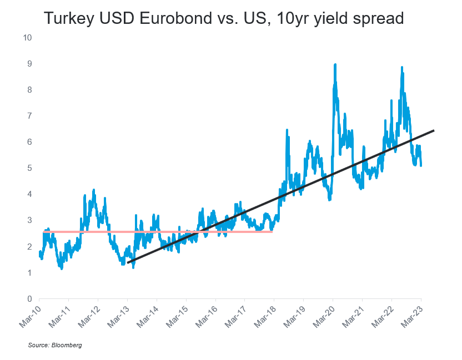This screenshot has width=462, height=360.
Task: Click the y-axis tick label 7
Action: (29, 116)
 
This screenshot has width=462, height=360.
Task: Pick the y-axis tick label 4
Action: (29, 194)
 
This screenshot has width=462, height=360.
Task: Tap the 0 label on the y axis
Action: (29, 298)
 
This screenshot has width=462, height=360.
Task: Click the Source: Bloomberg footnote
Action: (55, 345)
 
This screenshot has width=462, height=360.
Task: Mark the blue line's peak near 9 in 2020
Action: (335, 65)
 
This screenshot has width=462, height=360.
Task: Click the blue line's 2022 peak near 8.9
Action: (401, 68)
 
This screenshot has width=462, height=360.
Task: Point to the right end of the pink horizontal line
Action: (272, 231)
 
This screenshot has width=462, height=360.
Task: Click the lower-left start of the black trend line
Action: (128, 262)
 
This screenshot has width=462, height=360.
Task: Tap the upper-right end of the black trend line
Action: (433, 130)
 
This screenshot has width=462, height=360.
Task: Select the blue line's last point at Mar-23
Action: (421, 165)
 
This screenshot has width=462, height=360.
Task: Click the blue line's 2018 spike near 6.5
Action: (287, 130)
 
